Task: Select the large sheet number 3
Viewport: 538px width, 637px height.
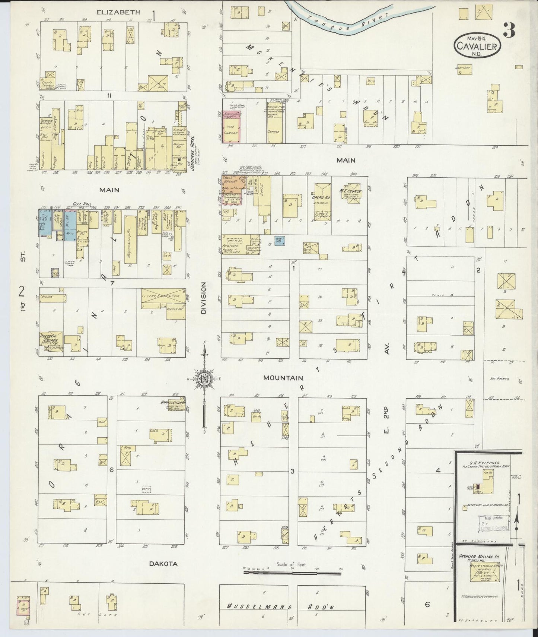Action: (x=509, y=30)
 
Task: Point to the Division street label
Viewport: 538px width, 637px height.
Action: (x=203, y=298)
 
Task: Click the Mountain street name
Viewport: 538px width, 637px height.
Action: (x=283, y=378)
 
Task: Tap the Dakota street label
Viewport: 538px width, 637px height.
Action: (x=163, y=564)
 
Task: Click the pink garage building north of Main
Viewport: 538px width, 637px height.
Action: (x=232, y=126)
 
